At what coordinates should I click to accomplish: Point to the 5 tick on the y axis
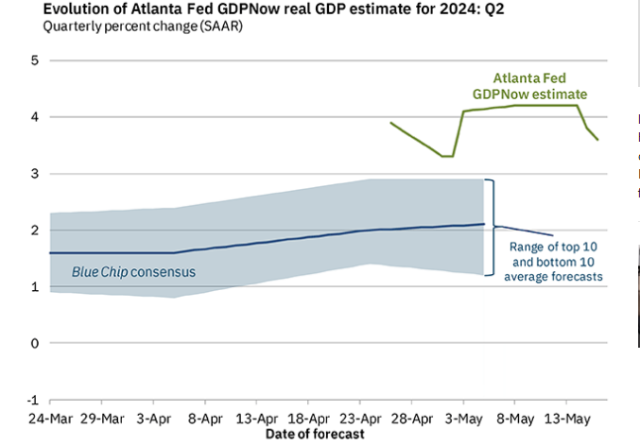(35, 60)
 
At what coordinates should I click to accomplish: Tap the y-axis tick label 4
(35, 117)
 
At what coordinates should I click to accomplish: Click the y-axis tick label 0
(35, 343)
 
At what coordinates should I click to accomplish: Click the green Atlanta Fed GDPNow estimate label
(530, 87)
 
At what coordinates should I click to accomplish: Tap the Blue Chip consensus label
(133, 271)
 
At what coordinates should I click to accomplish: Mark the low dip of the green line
(448, 156)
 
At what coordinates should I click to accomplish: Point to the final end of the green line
(597, 140)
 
